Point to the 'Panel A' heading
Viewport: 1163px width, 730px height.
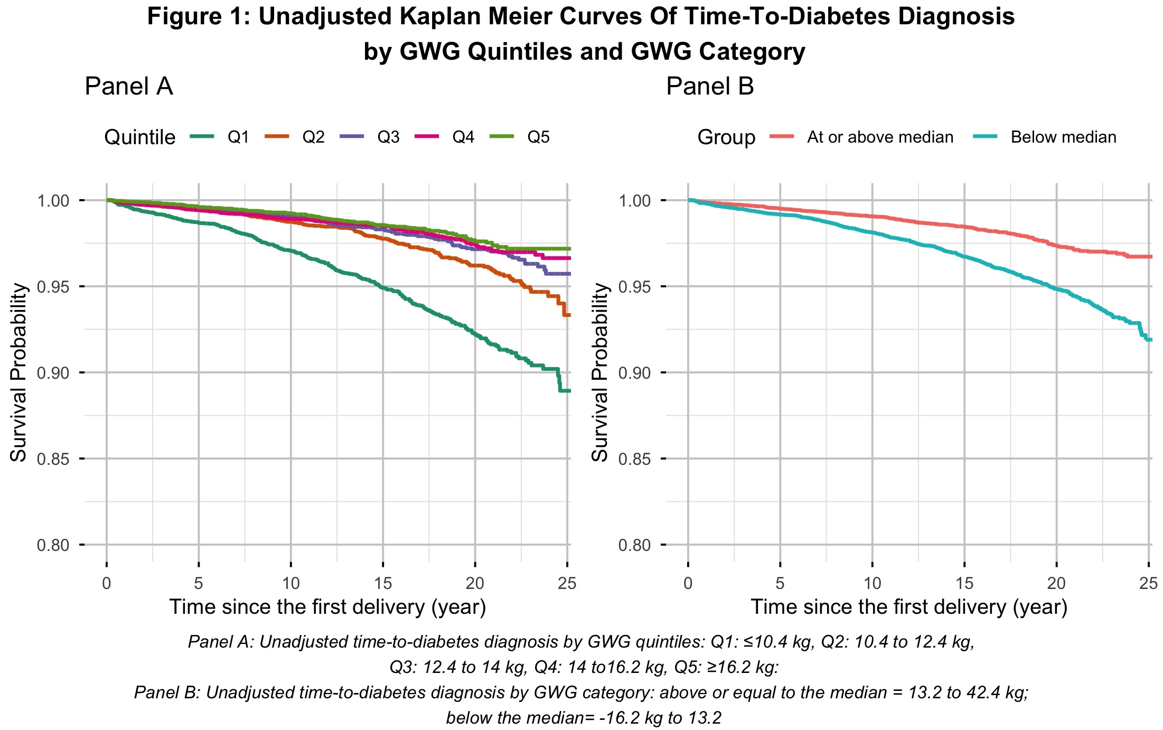click(x=129, y=86)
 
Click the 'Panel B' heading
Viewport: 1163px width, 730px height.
click(x=710, y=86)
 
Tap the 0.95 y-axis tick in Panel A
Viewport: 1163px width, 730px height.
click(x=53, y=287)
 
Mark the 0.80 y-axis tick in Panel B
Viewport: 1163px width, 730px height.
click(x=635, y=545)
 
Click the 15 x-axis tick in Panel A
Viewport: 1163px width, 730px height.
click(x=383, y=583)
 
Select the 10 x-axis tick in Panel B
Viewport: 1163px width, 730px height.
click(x=873, y=583)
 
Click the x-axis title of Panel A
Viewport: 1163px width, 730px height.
click(x=327, y=607)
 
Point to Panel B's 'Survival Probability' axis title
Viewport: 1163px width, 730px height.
click(x=599, y=372)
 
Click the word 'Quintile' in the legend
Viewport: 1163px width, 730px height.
click(x=139, y=137)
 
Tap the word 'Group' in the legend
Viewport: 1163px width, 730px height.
click(x=726, y=137)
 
